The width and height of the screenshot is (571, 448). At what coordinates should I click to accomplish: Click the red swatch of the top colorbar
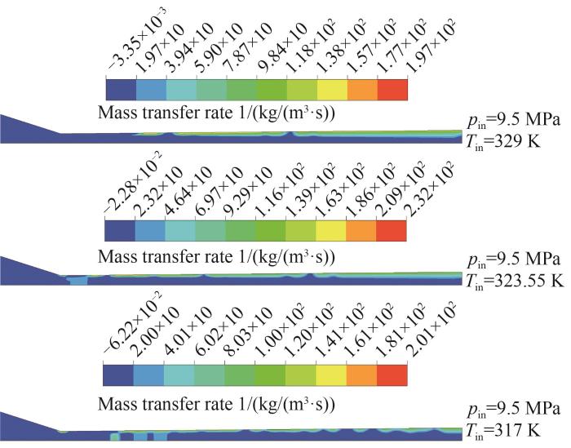[392, 88]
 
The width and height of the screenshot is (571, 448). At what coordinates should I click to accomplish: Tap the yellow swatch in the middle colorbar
[331, 231]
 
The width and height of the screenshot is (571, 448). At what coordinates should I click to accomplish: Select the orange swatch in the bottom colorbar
[361, 374]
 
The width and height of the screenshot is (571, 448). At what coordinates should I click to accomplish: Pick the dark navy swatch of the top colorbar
[121, 88]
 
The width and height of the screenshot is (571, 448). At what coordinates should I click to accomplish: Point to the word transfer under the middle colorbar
[170, 258]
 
